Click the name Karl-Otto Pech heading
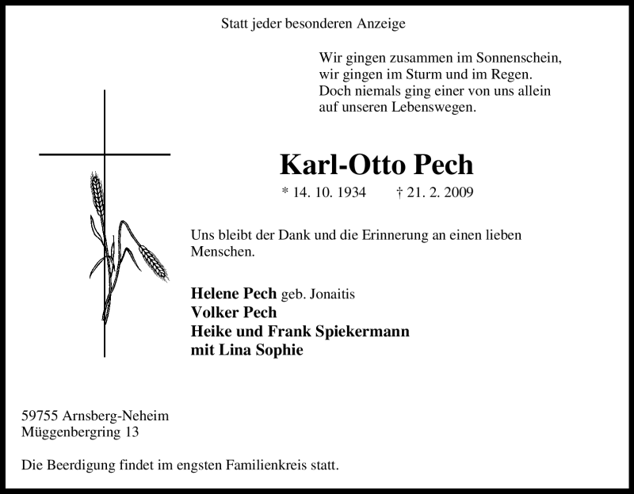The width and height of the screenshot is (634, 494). click(376, 164)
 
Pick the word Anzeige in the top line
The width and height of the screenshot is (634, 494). click(379, 24)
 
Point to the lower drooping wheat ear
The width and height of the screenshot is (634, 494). click(154, 262)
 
